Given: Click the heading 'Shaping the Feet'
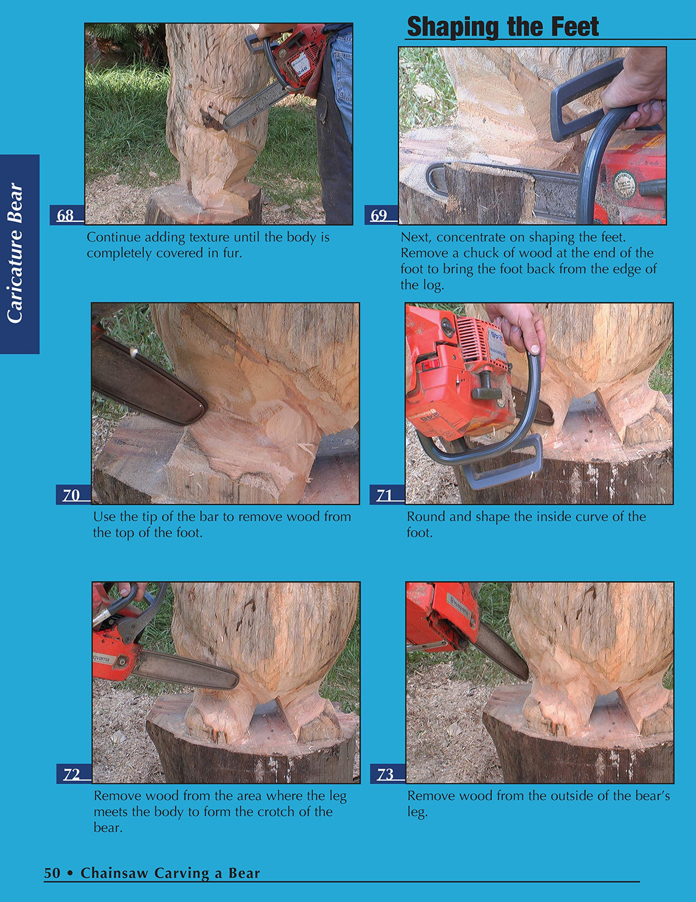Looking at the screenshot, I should [502, 27].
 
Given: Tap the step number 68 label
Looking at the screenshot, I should [65, 216].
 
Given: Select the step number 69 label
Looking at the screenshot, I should [379, 216].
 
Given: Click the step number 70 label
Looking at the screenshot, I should [71, 495].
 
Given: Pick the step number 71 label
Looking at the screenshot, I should [385, 495].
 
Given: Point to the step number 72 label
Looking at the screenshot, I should [72, 774].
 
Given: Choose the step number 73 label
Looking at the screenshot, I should [385, 774].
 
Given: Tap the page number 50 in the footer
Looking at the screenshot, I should [52, 873].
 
